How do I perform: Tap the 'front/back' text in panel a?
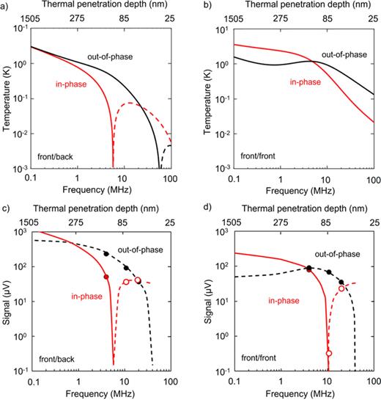tap(56, 157)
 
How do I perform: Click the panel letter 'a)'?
tap(7, 5)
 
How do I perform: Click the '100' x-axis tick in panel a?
tap(170, 179)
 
